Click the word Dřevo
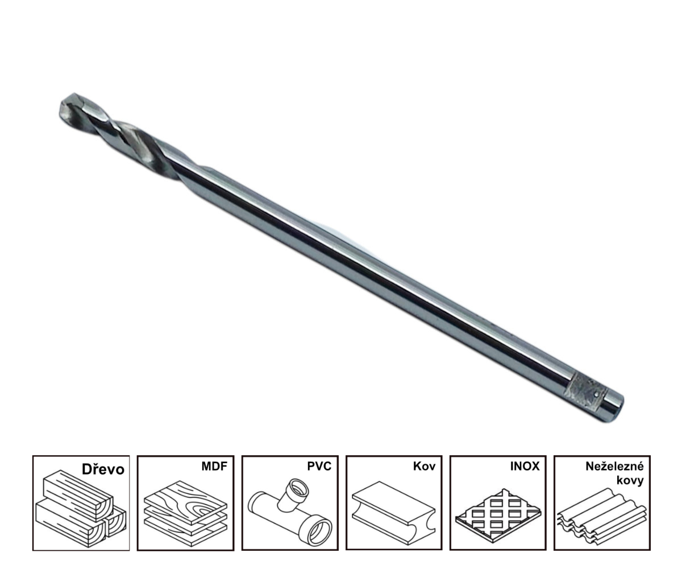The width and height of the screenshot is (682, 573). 103,469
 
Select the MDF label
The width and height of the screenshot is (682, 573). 214,467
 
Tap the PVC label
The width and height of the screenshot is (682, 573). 319,467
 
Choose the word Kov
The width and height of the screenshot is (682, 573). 424,467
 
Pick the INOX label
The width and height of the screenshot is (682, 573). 525,467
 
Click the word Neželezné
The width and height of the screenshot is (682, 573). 614,467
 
